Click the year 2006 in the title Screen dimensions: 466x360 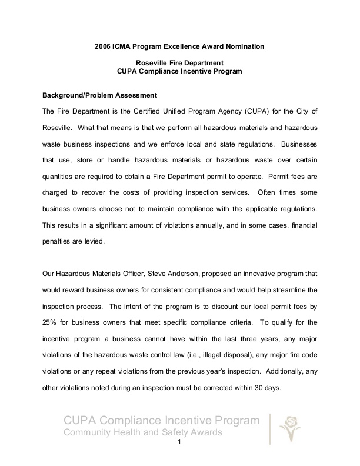(x=104, y=45)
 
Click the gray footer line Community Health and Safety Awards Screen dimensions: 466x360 (x=142, y=433)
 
